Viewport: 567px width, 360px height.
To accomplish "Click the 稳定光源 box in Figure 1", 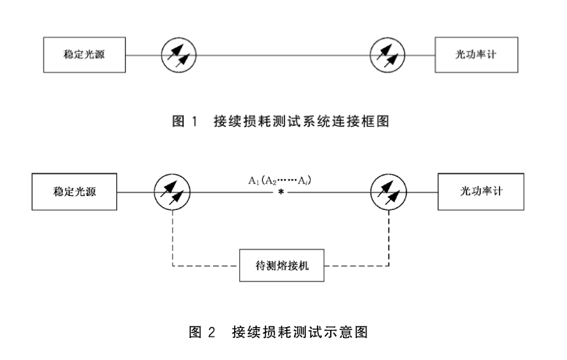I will pyautogui.click(x=84, y=55).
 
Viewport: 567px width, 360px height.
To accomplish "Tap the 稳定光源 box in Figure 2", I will pyautogui.click(x=75, y=192).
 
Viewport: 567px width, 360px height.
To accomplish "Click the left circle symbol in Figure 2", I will pyautogui.click(x=172, y=192).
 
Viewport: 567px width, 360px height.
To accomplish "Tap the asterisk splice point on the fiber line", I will pyautogui.click(x=280, y=193).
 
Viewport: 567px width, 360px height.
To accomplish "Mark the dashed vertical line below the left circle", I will pyautogui.click(x=172, y=239).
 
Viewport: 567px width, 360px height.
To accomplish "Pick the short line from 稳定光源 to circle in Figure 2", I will pyautogui.click(x=136, y=192).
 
